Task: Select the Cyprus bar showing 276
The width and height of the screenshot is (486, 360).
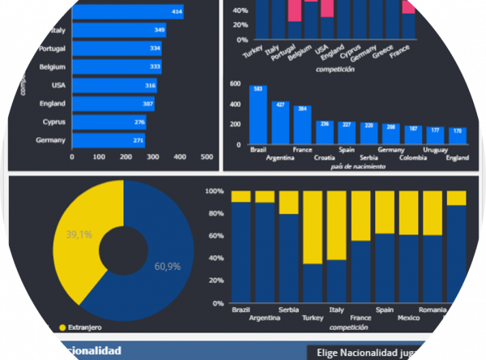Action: point(109,122)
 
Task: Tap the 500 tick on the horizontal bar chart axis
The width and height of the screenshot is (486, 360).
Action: point(206,156)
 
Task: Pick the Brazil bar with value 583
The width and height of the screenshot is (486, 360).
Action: point(258,114)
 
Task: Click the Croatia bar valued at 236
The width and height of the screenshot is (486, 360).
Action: point(324,132)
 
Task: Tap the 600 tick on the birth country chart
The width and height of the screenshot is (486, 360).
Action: point(235,84)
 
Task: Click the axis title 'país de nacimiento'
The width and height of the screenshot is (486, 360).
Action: point(358,166)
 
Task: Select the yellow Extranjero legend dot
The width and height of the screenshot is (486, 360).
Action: point(62,328)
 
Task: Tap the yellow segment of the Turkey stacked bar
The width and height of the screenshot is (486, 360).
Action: point(312,227)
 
